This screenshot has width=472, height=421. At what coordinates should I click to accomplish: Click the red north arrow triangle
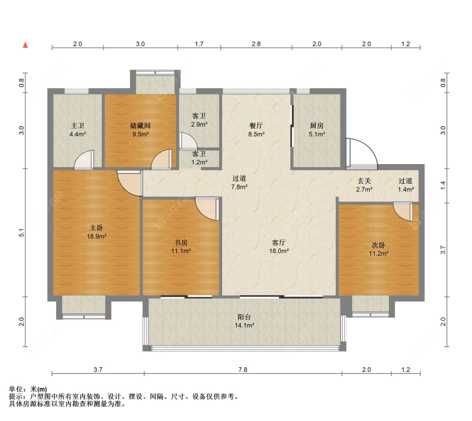click(26, 45)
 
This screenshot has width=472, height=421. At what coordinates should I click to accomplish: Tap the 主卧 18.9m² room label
click(96, 232)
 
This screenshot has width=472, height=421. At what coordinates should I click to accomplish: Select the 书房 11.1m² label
click(181, 247)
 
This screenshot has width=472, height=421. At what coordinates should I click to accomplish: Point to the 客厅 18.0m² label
click(279, 247)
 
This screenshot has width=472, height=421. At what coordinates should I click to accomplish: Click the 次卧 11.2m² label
click(379, 249)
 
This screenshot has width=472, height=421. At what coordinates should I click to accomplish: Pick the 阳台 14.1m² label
click(245, 321)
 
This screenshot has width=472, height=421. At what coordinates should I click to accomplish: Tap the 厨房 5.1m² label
click(317, 130)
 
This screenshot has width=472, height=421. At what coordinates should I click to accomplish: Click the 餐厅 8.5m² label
click(256, 130)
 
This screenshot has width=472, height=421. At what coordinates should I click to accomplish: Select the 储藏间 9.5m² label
click(141, 130)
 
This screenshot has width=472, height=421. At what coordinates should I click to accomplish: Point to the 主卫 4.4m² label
click(78, 130)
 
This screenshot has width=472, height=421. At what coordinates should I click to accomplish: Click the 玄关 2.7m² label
click(364, 185)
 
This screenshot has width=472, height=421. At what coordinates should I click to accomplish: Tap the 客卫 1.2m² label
click(199, 158)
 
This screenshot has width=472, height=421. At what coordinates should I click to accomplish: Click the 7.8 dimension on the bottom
click(243, 369)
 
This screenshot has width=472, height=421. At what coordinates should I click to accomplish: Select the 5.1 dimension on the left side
click(21, 233)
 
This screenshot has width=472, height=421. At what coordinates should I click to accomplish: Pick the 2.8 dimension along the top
click(256, 44)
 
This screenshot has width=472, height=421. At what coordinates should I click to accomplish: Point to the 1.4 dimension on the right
click(443, 186)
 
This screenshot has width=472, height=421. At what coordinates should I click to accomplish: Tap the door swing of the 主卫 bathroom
click(84, 160)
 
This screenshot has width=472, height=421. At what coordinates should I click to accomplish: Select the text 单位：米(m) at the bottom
click(28, 389)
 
